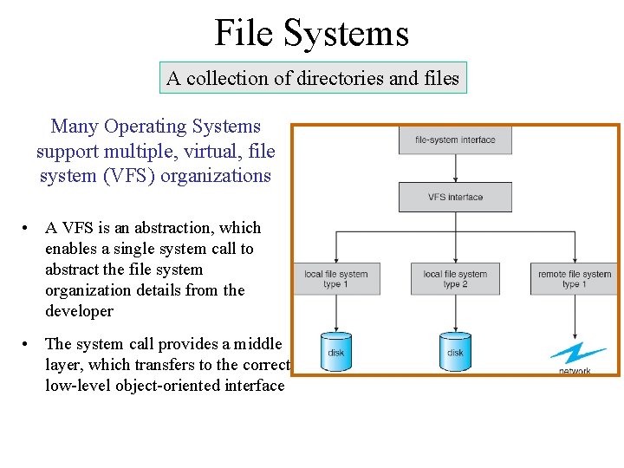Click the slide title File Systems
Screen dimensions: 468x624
point(311,33)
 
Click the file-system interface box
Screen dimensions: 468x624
point(455,140)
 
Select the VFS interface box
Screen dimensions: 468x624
point(455,198)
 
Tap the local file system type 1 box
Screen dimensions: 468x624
point(336,279)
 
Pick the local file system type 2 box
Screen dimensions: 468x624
point(455,279)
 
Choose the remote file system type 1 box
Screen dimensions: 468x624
point(574,279)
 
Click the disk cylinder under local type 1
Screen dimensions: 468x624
point(336,351)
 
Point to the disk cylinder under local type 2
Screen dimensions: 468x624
point(455,351)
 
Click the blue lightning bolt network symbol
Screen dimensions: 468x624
point(576,353)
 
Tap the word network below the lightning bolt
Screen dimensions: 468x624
point(575,371)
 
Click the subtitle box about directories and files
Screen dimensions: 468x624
point(312,78)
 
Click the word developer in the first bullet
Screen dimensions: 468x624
point(79,311)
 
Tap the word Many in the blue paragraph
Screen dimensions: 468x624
point(75,127)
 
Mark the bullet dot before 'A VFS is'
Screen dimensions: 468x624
point(29,229)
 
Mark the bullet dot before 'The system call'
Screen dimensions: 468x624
point(29,345)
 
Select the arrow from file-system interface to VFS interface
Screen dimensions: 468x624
point(455,169)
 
